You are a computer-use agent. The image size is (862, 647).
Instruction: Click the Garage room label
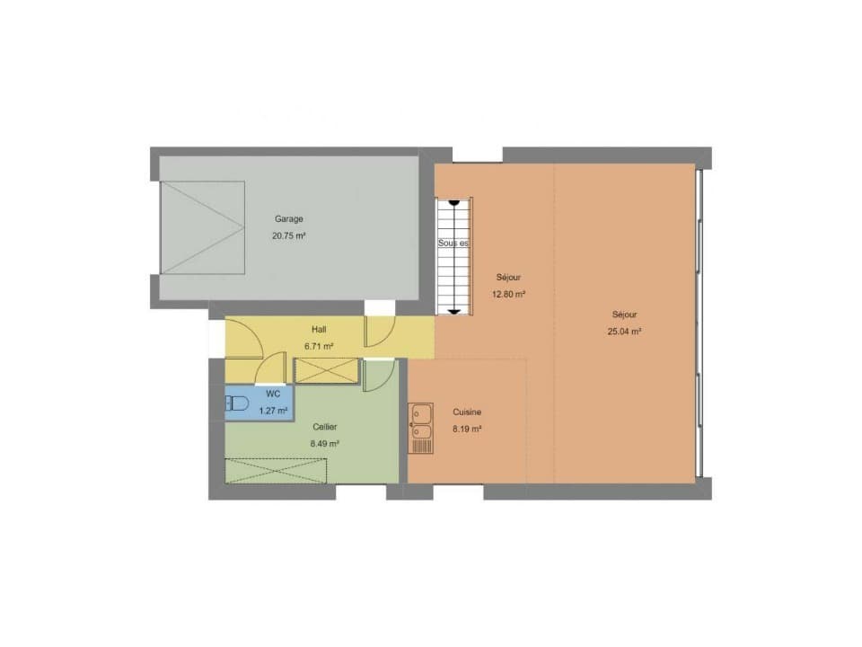click(288, 218)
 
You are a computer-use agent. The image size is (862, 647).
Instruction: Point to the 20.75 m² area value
click(288, 236)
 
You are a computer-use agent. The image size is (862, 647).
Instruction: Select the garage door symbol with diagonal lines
click(202, 227)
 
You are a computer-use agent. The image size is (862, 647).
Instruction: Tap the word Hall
click(319, 330)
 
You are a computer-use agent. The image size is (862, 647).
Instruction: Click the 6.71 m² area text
click(319, 346)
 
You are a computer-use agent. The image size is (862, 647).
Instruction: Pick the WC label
click(273, 394)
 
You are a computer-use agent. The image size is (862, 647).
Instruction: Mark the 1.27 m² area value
click(273, 411)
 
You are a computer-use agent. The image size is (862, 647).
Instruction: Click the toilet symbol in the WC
click(236, 403)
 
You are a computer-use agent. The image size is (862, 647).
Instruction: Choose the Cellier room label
click(324, 427)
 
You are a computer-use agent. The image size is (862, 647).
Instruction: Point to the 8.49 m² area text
click(324, 443)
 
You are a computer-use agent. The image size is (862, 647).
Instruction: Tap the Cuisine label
click(467, 412)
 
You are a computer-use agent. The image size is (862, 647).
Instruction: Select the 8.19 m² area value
click(467, 429)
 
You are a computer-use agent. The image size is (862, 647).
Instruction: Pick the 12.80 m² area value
click(509, 294)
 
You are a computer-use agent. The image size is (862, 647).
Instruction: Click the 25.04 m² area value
click(624, 331)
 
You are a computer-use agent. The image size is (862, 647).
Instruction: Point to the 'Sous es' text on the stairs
click(453, 243)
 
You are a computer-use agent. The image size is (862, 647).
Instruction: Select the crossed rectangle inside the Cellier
click(276, 471)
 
